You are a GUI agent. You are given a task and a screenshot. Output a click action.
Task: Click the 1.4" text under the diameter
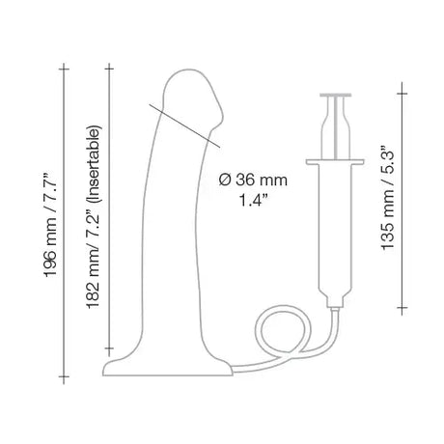[253, 203]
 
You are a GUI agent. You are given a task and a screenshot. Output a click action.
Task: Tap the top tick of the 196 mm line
[64, 66]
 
